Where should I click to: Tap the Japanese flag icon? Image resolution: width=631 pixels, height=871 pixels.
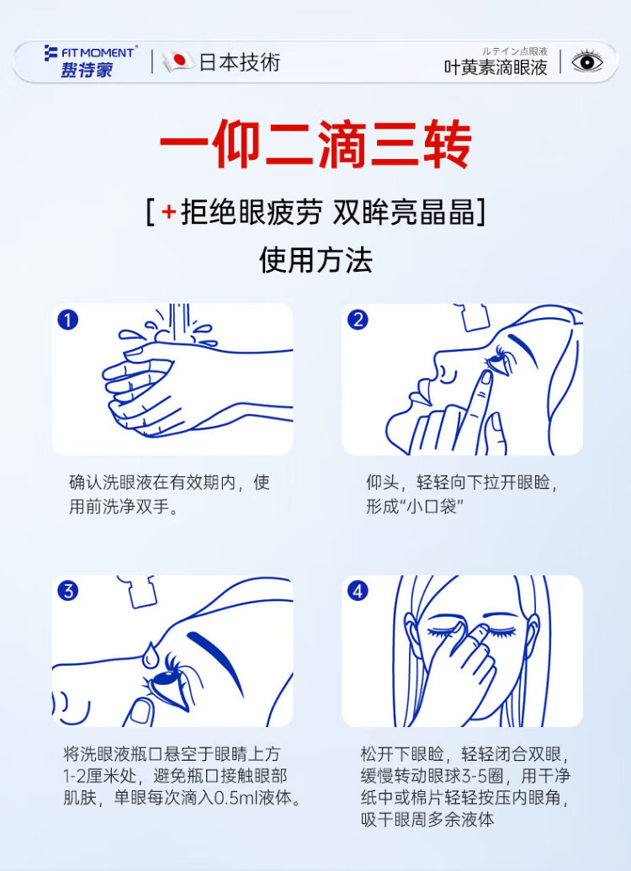tap(178, 61)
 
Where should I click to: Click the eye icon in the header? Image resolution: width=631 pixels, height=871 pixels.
tap(587, 61)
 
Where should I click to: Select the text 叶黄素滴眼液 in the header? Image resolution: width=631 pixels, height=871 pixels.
tap(496, 67)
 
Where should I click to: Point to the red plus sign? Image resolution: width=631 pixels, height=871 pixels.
tap(168, 211)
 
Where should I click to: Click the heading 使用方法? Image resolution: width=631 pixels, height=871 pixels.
tap(315, 259)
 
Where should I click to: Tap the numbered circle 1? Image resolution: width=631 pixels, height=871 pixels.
tap(68, 320)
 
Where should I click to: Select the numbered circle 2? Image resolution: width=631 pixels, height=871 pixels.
tap(358, 320)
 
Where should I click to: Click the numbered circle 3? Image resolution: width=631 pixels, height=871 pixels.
tap(68, 591)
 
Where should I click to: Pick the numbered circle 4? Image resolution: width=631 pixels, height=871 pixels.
tap(358, 591)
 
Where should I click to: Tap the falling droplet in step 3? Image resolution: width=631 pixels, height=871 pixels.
tap(150, 655)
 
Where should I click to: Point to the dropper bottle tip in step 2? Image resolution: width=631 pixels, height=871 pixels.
tap(471, 317)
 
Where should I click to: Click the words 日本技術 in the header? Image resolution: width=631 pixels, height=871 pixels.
tap(240, 61)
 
